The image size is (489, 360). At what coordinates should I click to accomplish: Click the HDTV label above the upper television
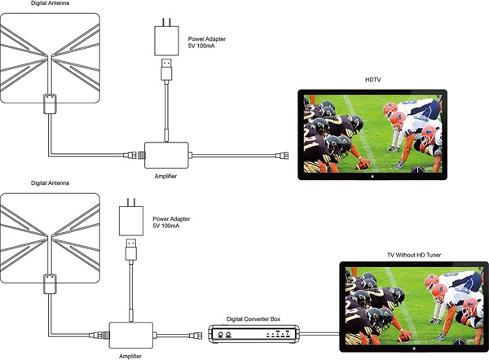[x=372, y=80]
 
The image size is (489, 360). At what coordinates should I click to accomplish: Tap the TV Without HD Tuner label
[x=414, y=255]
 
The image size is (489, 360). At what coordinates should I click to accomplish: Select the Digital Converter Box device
[x=253, y=334]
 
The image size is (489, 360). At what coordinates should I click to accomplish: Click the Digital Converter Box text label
[x=253, y=319]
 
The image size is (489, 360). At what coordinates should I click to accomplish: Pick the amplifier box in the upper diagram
[x=166, y=156]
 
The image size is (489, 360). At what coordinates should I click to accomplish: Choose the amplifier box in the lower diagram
[x=131, y=335]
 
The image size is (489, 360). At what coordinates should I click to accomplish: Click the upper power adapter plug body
[x=166, y=41]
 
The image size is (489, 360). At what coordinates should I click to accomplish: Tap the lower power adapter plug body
[x=131, y=221]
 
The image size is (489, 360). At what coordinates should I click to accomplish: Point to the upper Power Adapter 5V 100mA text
[x=206, y=42]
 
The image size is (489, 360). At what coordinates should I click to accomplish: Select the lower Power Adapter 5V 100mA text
[x=171, y=222]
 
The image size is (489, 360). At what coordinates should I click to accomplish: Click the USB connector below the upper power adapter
[x=166, y=69]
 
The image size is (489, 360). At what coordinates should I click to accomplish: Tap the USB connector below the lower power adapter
[x=131, y=249]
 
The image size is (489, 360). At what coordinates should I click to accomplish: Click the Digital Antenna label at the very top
[x=50, y=3]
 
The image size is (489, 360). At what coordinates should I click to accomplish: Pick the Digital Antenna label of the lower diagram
[x=50, y=183]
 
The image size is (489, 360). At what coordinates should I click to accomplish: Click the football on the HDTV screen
[x=363, y=165]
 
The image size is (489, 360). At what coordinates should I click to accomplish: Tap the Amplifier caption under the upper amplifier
[x=165, y=176]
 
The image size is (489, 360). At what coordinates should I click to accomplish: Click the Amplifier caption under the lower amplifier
[x=130, y=356]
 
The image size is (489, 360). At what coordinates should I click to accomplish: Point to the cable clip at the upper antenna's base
[x=50, y=103]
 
